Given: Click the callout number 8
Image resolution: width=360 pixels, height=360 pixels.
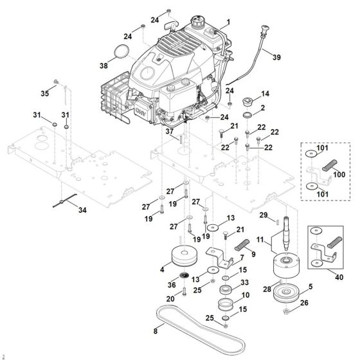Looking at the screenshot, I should [154, 332].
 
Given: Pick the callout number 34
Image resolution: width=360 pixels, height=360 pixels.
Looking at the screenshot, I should [81, 210].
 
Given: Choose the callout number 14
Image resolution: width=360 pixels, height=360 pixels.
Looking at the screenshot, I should [265, 93].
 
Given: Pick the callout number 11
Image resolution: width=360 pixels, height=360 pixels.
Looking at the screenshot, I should [260, 240].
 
